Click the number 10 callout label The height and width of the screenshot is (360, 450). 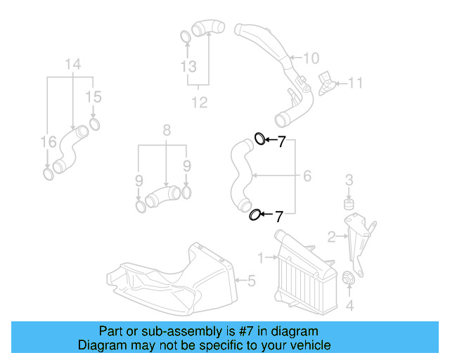tap(311, 58)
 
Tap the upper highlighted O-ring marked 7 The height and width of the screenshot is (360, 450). tap(259, 139)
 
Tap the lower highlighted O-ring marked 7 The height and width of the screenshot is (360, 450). tap(256, 214)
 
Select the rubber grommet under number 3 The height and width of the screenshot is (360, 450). tap(347, 205)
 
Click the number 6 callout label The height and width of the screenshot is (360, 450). tap(307, 176)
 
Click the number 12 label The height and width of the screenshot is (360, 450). tap(200, 103)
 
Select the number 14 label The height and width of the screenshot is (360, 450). tap(73, 65)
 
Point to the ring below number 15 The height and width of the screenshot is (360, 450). tap(94, 126)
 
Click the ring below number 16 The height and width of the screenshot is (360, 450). tap(48, 173)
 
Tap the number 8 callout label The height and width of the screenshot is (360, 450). tap(167, 130)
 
